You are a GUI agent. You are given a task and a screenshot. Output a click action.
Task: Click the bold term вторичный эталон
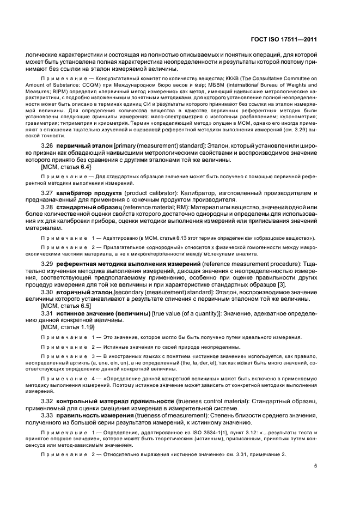click(82, 292)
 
